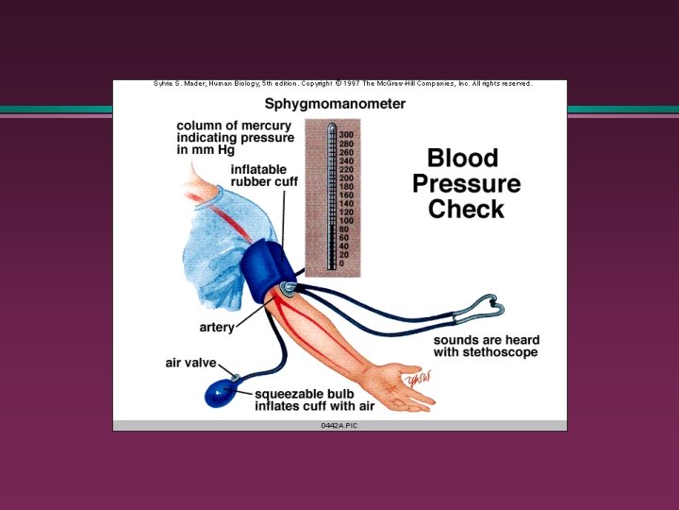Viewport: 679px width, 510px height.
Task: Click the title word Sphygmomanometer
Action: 335,104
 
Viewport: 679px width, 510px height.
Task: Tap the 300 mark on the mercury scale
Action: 347,135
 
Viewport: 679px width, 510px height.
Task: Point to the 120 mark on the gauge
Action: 347,212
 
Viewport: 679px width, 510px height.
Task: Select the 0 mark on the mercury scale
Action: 342,263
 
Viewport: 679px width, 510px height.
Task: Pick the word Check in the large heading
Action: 466,209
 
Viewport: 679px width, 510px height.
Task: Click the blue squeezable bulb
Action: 224,392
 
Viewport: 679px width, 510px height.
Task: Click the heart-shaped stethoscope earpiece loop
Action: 489,307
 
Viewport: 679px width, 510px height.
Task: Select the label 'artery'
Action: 217,328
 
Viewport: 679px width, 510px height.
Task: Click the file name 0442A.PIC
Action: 339,426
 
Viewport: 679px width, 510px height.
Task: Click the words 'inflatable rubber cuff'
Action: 264,176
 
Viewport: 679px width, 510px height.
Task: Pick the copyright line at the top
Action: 342,84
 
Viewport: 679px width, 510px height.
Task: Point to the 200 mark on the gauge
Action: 347,178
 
